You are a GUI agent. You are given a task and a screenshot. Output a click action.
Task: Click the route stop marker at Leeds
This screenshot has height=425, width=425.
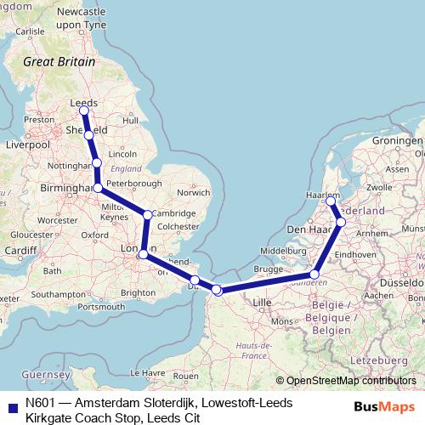[83, 110]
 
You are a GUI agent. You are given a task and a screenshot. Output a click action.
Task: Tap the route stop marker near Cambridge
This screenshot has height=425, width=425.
[148, 215]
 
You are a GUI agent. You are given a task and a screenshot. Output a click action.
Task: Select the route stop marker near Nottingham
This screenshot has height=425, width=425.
[96, 162]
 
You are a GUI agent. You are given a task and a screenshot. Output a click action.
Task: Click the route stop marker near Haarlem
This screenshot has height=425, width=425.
[331, 201]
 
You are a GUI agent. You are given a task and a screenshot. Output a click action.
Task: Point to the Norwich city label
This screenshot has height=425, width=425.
[193, 192]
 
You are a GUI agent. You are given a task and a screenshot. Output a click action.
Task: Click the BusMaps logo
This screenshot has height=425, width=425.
[389, 406]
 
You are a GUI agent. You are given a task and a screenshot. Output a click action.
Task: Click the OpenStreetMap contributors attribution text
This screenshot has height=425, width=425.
[350, 381]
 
